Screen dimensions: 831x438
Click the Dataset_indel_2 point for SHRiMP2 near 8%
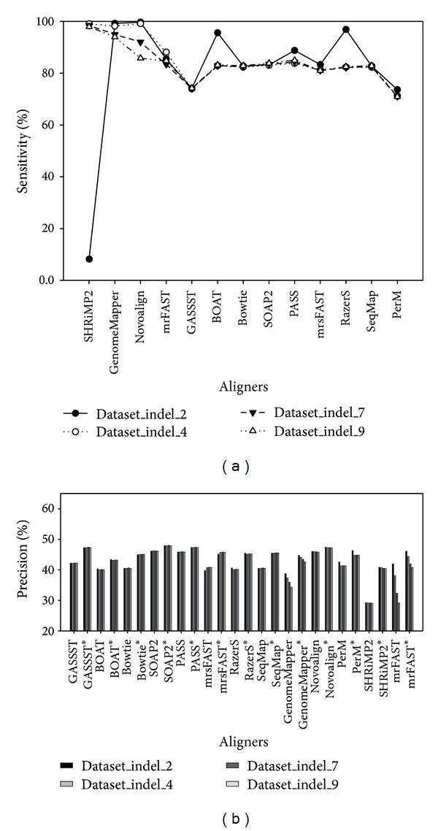click(89, 259)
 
